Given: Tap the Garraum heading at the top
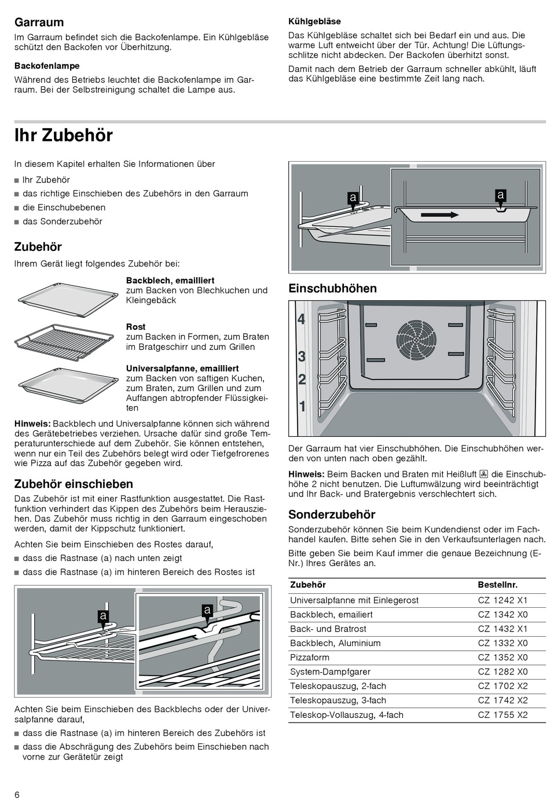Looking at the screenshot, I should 39,23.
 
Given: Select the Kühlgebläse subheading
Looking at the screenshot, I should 314,21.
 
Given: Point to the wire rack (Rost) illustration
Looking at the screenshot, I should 64,341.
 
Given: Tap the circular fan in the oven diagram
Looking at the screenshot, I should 415,339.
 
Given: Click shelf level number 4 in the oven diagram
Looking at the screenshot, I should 301,319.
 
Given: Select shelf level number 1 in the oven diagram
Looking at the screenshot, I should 302,407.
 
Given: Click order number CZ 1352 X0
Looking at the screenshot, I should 503,658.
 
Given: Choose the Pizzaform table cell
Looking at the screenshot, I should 310,658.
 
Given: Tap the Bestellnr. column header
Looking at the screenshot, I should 497,585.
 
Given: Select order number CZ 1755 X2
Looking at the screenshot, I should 503,715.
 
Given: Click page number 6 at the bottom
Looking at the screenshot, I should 17,793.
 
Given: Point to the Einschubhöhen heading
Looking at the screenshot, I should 332,289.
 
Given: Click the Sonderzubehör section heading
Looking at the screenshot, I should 332,515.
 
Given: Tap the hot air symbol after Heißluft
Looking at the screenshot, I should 483,474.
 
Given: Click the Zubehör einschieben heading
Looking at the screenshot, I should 74,484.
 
